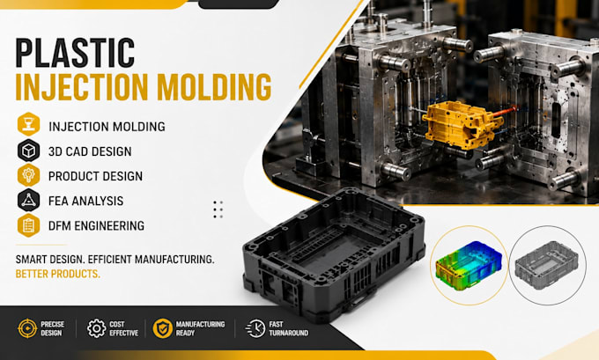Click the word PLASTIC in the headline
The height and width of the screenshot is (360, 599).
pyautogui.click(x=75, y=53)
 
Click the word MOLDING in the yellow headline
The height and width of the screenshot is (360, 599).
pyautogui.click(x=214, y=87)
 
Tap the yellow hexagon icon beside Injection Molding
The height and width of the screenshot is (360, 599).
pyautogui.click(x=29, y=124)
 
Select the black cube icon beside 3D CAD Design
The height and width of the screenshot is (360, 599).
pyautogui.click(x=29, y=151)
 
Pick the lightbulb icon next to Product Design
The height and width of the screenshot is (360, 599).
pyautogui.click(x=29, y=175)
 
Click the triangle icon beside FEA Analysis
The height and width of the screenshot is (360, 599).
pyautogui.click(x=29, y=200)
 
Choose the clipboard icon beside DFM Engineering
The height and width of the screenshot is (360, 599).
pyautogui.click(x=29, y=225)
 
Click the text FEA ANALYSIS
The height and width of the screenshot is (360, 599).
pyautogui.click(x=86, y=201)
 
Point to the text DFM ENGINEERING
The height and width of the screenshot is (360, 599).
pyautogui.click(x=96, y=225)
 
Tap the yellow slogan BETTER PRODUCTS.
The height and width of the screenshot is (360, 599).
pyautogui.click(x=57, y=274)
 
